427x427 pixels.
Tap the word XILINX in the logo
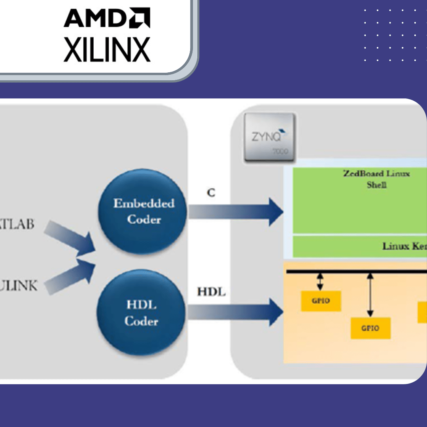click(107, 50)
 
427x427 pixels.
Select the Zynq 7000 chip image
click(270, 137)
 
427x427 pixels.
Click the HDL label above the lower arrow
click(211, 292)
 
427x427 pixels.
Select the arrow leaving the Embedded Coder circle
click(235, 212)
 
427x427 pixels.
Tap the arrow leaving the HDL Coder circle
click(235, 312)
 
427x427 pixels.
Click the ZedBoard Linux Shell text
click(376, 179)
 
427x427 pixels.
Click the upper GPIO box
click(321, 301)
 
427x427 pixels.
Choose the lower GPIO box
click(370, 328)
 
